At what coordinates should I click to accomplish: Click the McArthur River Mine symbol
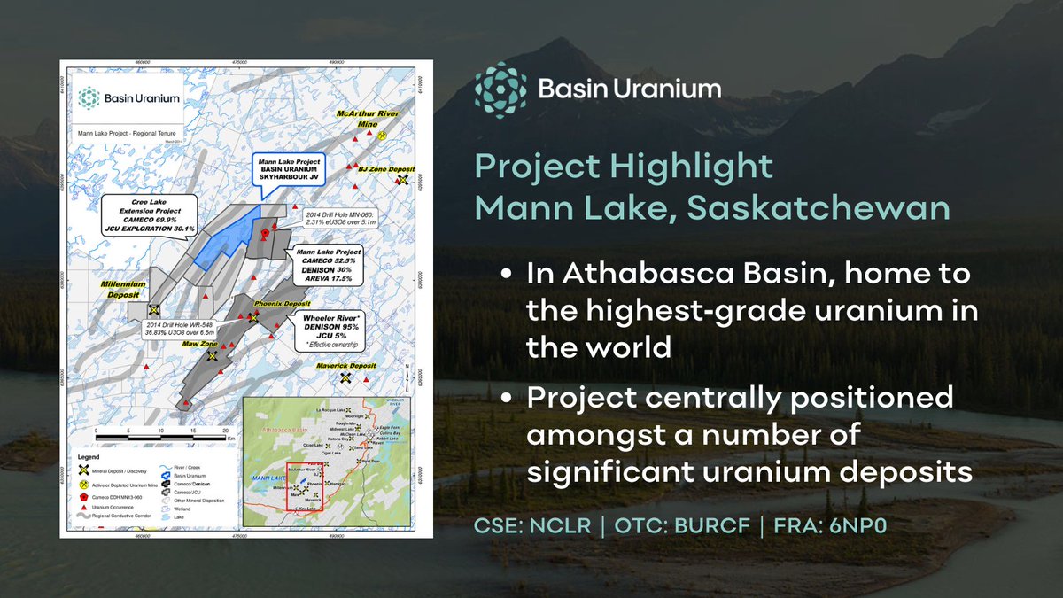(382, 137)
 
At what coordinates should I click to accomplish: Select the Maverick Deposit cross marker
(345, 377)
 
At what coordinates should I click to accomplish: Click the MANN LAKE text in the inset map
(265, 477)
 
